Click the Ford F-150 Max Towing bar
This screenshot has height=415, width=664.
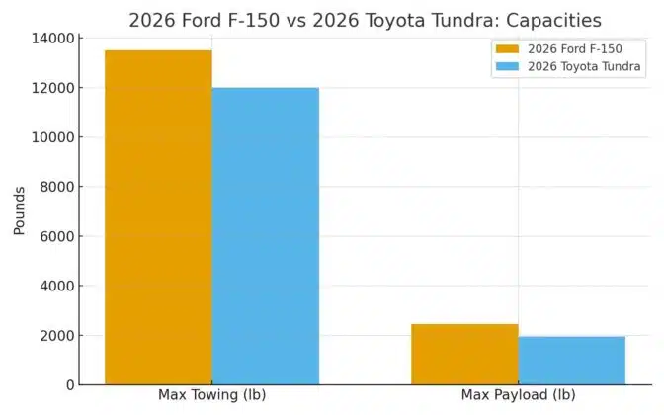158,217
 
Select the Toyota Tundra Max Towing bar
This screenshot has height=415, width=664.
266,236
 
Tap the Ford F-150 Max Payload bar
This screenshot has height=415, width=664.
464,354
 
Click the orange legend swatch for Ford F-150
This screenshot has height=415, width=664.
508,48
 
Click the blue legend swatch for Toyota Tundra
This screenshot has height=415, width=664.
508,66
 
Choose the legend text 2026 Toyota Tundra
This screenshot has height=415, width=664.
584,66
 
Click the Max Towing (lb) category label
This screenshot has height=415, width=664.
211,396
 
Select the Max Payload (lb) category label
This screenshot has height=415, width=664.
518,396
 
